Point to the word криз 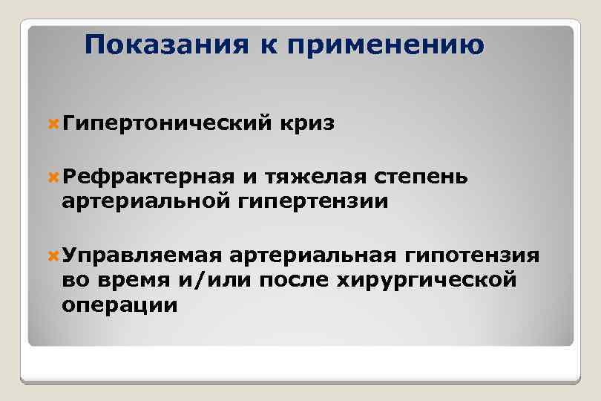tap(307, 123)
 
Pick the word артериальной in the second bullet tap(146, 201)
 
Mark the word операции tap(120, 305)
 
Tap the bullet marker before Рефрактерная tap(53, 177)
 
